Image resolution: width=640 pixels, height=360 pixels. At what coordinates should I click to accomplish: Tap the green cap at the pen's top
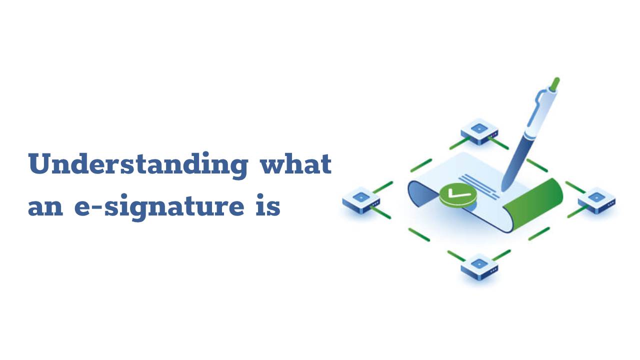554,83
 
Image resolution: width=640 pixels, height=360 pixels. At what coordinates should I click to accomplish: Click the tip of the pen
502,189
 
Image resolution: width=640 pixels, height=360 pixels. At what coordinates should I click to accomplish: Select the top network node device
479,130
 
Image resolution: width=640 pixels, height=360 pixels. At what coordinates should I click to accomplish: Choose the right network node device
596,200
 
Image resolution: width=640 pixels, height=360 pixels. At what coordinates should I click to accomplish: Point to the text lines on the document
480,182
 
